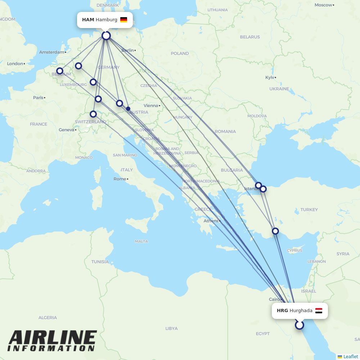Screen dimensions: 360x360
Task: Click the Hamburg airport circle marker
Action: (x=106, y=36)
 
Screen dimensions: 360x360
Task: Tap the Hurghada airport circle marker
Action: (x=299, y=325)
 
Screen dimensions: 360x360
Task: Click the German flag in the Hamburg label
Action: (x=123, y=20)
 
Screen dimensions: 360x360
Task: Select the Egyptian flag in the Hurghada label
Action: (x=319, y=311)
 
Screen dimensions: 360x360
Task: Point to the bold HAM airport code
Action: (x=88, y=20)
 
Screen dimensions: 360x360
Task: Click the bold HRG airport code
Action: (x=282, y=311)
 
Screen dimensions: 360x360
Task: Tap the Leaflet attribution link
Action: (x=350, y=356)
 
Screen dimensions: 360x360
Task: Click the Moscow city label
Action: (x=323, y=5)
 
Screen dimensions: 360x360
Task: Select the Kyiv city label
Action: (x=270, y=77)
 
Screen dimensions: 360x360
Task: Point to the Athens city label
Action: (x=211, y=221)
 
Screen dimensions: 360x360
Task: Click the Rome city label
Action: (x=120, y=179)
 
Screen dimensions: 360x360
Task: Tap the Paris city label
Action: (x=38, y=98)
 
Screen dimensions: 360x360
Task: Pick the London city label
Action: (x=15, y=64)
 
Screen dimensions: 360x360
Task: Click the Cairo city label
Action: (x=274, y=299)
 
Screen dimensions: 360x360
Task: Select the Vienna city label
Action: (x=151, y=105)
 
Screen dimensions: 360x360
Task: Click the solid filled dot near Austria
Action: (x=128, y=108)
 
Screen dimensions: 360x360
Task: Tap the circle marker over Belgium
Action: (x=60, y=71)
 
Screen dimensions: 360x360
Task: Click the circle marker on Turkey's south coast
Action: (x=275, y=231)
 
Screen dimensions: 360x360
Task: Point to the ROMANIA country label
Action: (x=225, y=131)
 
